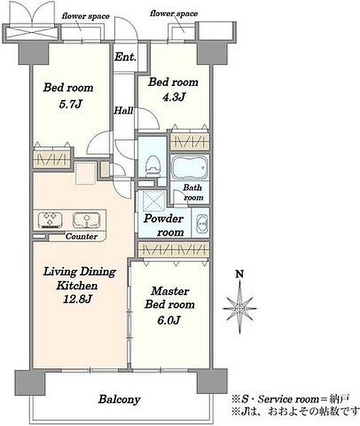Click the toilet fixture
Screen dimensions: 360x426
pos(153,167)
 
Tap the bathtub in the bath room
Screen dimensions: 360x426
pos(190,167)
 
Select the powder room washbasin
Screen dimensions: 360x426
pos(202,224)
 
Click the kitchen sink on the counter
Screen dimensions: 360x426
pos(87,220)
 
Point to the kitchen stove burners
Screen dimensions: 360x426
pos(50,220)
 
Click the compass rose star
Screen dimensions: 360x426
pos(239,308)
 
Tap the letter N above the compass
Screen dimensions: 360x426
pos(239,274)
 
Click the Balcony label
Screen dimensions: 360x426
pos(119,399)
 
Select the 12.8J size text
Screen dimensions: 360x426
pos(77,299)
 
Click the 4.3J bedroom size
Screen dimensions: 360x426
pos(174,97)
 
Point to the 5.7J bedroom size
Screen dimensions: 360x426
pos(70,104)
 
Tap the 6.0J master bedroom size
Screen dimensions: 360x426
pos(169,320)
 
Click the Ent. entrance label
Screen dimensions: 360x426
pos(125,57)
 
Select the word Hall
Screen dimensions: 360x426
pos(124,110)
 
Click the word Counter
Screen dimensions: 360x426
pos(82,236)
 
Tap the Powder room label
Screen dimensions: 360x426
pos(164,225)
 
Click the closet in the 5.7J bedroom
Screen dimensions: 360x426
pos(52,159)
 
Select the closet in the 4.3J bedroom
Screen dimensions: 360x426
pos(190,141)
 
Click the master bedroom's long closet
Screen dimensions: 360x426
pos(174,249)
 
